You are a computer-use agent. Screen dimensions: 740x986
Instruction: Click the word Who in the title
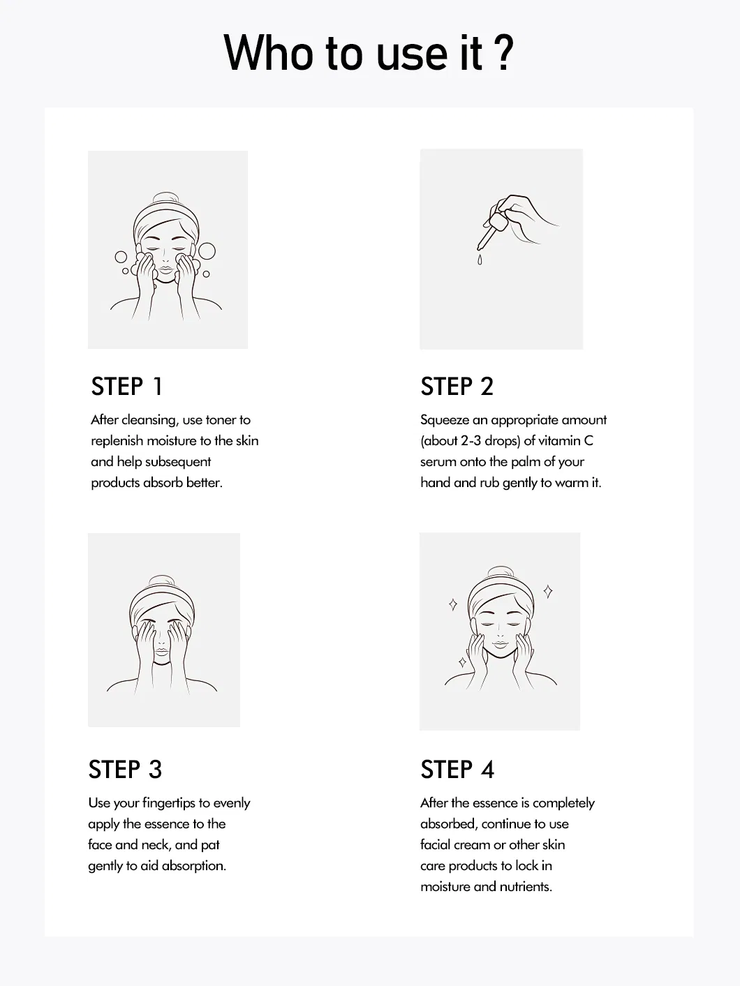click(x=268, y=53)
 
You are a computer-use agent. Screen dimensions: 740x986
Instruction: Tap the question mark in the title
click(x=505, y=53)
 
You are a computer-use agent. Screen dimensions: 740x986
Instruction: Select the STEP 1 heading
click(x=126, y=387)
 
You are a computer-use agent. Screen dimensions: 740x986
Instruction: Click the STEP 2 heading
click(x=457, y=387)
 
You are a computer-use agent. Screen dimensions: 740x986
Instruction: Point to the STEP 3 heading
click(x=125, y=770)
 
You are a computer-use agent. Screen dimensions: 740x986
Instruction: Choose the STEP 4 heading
click(x=457, y=770)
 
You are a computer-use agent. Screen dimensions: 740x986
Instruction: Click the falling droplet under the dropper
click(x=480, y=260)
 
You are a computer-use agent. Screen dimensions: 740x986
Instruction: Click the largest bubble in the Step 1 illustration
click(x=207, y=251)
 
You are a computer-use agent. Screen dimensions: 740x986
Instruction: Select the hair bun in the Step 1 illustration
click(x=165, y=198)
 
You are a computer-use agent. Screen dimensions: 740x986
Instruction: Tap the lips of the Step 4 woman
click(x=501, y=645)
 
